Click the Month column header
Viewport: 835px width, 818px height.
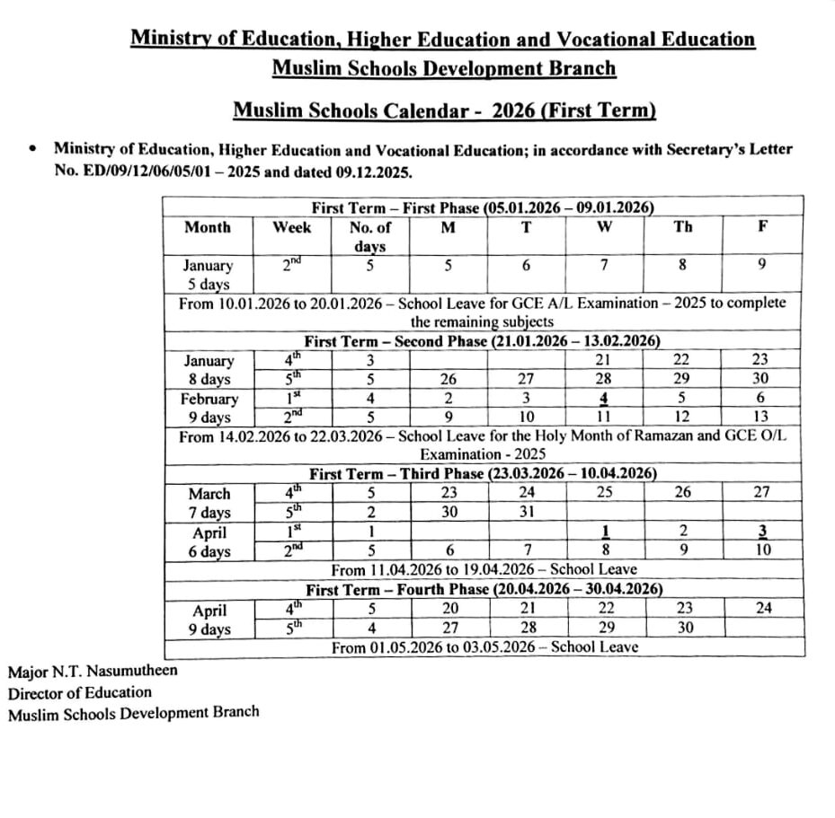click(x=208, y=228)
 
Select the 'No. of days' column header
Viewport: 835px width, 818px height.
click(x=369, y=236)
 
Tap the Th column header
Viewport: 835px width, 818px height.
click(x=683, y=228)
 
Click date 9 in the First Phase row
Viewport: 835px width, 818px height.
click(x=762, y=265)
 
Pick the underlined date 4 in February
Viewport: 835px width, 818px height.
click(x=605, y=399)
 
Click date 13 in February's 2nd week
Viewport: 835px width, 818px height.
click(x=762, y=418)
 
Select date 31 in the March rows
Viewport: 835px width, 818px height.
click(x=526, y=513)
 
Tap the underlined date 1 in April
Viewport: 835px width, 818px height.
click(x=605, y=532)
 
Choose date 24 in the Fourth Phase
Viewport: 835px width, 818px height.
click(x=762, y=608)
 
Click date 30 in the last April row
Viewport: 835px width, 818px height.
click(x=683, y=628)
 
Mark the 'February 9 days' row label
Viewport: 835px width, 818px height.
click(x=209, y=408)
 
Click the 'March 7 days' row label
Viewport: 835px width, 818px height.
click(x=209, y=503)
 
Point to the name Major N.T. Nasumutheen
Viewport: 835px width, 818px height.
click(x=93, y=671)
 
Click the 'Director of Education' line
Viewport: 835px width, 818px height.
click(x=80, y=691)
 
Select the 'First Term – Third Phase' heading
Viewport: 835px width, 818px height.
click(x=483, y=473)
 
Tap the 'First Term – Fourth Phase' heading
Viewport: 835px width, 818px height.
click(x=484, y=589)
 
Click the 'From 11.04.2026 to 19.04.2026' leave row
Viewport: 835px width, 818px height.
click(x=484, y=569)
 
